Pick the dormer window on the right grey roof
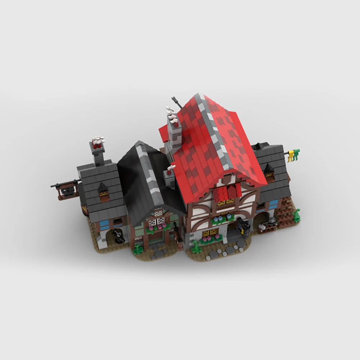pos(269,171)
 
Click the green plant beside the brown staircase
pos(297,216)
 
